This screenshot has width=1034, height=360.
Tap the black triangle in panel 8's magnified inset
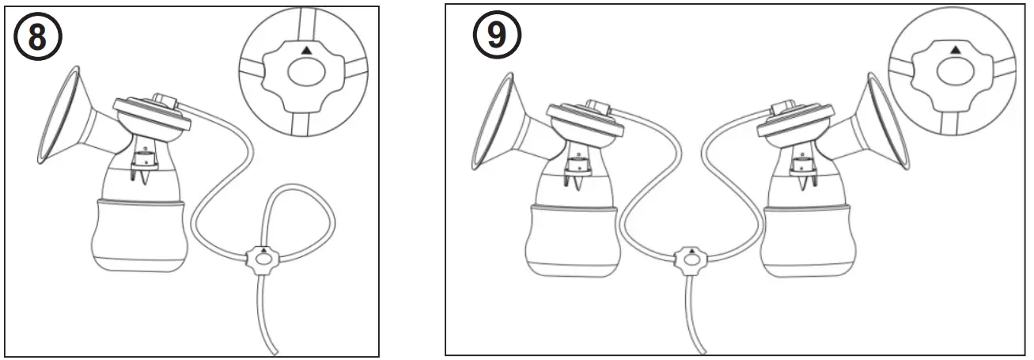click(306, 50)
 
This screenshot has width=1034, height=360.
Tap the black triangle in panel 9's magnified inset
click(955, 50)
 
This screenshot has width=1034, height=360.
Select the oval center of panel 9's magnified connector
click(955, 73)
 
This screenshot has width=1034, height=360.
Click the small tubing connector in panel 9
click(690, 259)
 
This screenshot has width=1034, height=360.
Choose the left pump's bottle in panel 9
click(572, 237)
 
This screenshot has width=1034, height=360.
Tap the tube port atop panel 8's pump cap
click(164, 100)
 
